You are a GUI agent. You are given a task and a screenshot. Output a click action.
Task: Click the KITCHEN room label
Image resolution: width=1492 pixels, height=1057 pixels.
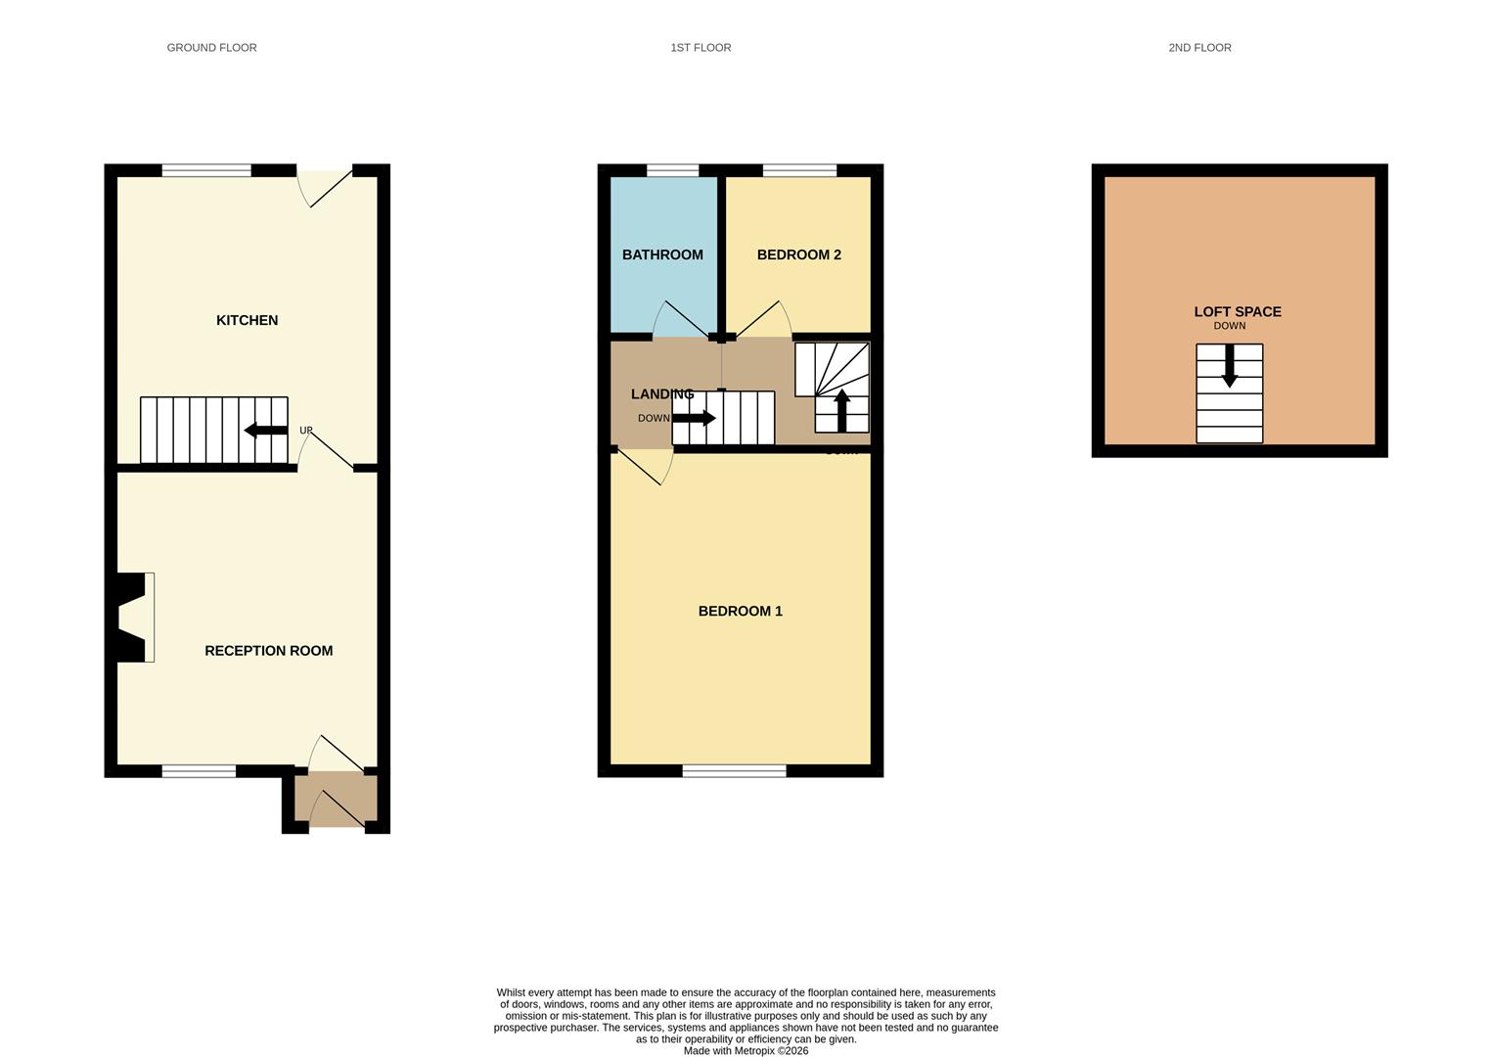click(x=247, y=320)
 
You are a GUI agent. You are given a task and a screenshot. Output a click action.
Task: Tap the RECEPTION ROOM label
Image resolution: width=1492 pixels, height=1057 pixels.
click(x=268, y=651)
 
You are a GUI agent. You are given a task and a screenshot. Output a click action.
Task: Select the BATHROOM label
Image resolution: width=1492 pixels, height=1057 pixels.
click(x=662, y=254)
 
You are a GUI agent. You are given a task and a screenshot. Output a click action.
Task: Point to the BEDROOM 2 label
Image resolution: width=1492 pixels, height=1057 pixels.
click(x=798, y=254)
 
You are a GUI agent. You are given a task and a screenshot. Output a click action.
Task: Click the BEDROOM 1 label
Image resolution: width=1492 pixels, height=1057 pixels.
click(x=740, y=611)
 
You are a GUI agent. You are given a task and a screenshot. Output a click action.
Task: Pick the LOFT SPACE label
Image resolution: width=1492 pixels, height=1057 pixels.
click(x=1237, y=311)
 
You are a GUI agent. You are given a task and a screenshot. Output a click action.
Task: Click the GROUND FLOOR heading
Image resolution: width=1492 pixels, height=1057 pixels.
click(x=211, y=47)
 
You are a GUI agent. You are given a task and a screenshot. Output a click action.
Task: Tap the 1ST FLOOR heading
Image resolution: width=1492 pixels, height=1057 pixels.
click(x=701, y=47)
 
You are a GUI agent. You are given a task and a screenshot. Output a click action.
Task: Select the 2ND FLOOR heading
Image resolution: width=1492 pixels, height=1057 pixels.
click(x=1199, y=47)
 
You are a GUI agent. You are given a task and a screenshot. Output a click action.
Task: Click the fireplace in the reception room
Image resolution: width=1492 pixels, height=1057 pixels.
click(x=133, y=617)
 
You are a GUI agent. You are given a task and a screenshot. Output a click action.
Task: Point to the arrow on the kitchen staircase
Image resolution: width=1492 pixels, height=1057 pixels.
click(x=265, y=430)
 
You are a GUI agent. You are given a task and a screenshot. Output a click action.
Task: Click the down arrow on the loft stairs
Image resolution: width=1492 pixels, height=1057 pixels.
click(x=1230, y=365)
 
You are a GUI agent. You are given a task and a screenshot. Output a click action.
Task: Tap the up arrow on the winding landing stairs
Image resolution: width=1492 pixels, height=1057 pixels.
click(x=841, y=410)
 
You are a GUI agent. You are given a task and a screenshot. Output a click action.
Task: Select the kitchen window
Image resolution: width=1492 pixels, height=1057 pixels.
click(x=206, y=171)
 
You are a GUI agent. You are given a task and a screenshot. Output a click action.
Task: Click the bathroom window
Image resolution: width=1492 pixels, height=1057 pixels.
click(x=672, y=171)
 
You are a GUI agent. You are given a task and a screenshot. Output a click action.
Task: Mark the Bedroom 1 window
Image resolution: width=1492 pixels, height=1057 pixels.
click(x=734, y=771)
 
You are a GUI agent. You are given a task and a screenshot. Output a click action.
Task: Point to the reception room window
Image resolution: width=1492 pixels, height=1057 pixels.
click(x=199, y=771)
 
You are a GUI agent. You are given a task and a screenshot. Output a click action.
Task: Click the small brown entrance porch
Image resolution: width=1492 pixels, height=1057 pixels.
click(x=336, y=800)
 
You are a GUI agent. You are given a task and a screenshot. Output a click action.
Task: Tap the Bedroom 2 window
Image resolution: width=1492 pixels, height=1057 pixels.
click(x=799, y=171)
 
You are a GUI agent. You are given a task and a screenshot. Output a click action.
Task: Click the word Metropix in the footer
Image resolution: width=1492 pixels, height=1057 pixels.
click(x=754, y=1051)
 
